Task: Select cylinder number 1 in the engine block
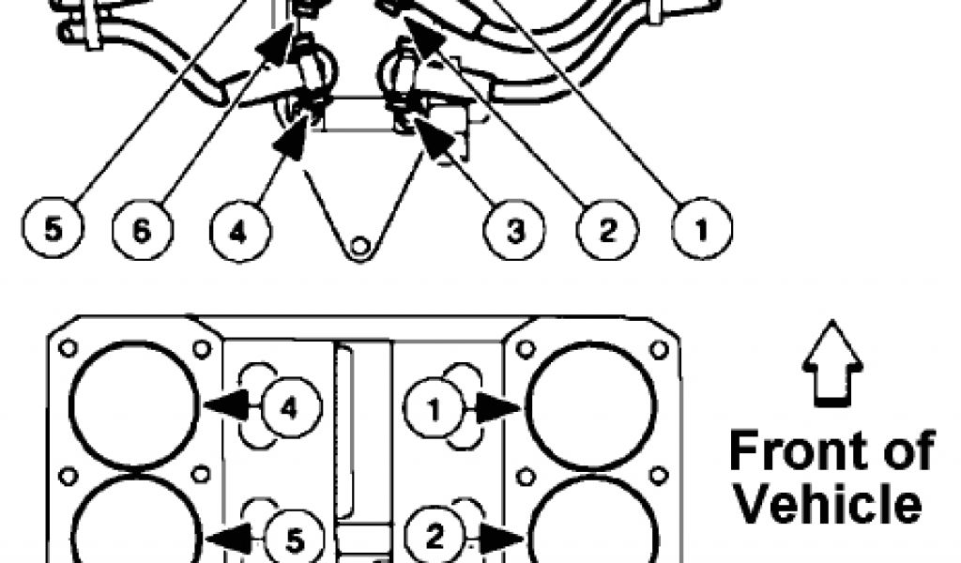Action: pos(433,407)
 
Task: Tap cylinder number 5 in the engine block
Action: pos(294,538)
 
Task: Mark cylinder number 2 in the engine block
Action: pos(435,538)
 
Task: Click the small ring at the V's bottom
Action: pos(358,248)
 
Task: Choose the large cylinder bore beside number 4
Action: pos(135,405)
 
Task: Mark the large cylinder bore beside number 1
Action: pos(590,405)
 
